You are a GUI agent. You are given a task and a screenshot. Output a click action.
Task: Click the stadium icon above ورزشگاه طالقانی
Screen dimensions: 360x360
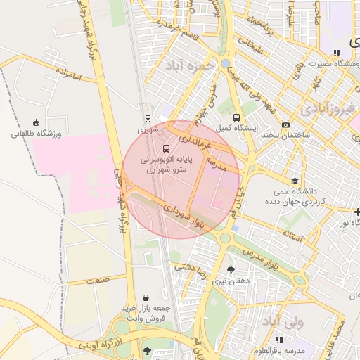click(x=36, y=122)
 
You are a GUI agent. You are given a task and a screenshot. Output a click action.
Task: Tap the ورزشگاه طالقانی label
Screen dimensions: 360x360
click(x=37, y=133)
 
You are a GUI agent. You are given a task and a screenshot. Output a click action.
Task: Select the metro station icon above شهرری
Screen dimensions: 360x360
click(x=148, y=119)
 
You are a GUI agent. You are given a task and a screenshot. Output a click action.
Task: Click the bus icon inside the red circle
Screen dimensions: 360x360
click(x=167, y=148)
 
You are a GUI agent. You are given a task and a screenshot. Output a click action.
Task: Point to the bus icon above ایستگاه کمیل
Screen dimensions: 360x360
click(x=236, y=118)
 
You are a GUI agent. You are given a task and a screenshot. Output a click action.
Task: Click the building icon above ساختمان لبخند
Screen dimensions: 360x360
click(x=286, y=124)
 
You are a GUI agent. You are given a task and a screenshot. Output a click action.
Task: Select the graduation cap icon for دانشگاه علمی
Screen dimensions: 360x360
click(x=294, y=181)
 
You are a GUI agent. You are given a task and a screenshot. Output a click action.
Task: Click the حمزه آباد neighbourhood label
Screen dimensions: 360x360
click(x=188, y=65)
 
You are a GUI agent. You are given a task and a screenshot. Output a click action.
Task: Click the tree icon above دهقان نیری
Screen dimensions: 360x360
click(x=231, y=270)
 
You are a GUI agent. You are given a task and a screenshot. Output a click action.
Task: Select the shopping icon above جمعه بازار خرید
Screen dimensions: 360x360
click(x=146, y=297)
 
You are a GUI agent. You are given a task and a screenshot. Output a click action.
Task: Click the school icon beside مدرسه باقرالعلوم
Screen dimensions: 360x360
click(x=280, y=340)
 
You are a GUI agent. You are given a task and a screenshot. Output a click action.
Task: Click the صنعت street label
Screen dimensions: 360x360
click(x=98, y=281)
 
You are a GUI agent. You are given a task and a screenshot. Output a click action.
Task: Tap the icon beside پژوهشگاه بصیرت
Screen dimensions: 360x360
click(x=337, y=52)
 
